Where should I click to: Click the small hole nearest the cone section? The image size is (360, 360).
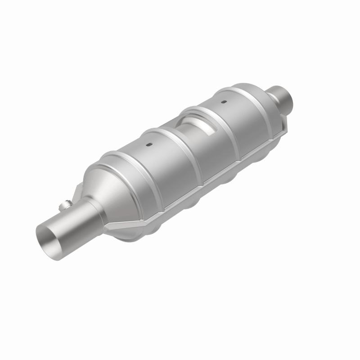[149, 145]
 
